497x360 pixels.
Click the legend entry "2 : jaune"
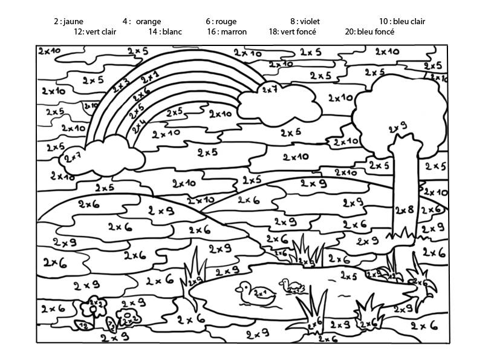[x=68, y=21]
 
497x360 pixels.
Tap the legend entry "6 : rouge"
[x=221, y=21]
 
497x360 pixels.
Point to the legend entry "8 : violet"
[x=305, y=21]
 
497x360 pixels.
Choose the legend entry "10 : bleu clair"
[x=402, y=21]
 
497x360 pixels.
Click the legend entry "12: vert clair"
[x=95, y=31]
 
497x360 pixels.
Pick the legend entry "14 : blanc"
[x=165, y=31]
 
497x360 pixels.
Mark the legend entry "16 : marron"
[x=227, y=31]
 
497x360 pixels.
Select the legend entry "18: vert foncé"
[x=292, y=31]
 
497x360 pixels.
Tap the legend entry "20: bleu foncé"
[x=369, y=31]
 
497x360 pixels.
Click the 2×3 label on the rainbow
[x=120, y=85]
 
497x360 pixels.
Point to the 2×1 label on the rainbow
[x=149, y=77]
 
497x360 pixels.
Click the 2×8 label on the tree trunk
[x=404, y=210]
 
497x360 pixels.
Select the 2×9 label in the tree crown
[x=397, y=127]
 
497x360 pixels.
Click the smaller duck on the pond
[x=291, y=286]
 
